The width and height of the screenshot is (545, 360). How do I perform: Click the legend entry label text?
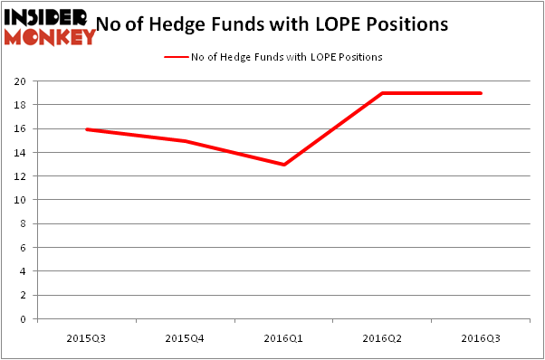pyautogui.click(x=286, y=57)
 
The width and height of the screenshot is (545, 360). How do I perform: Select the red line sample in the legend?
pyautogui.click(x=176, y=57)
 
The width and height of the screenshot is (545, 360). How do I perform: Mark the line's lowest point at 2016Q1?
pyautogui.click(x=283, y=165)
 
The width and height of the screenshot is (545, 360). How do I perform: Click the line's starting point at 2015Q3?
pyautogui.click(x=85, y=129)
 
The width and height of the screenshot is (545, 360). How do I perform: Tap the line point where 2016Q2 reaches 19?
pyautogui.click(x=382, y=93)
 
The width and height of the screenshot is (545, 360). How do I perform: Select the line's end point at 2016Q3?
pyautogui.click(x=481, y=93)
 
